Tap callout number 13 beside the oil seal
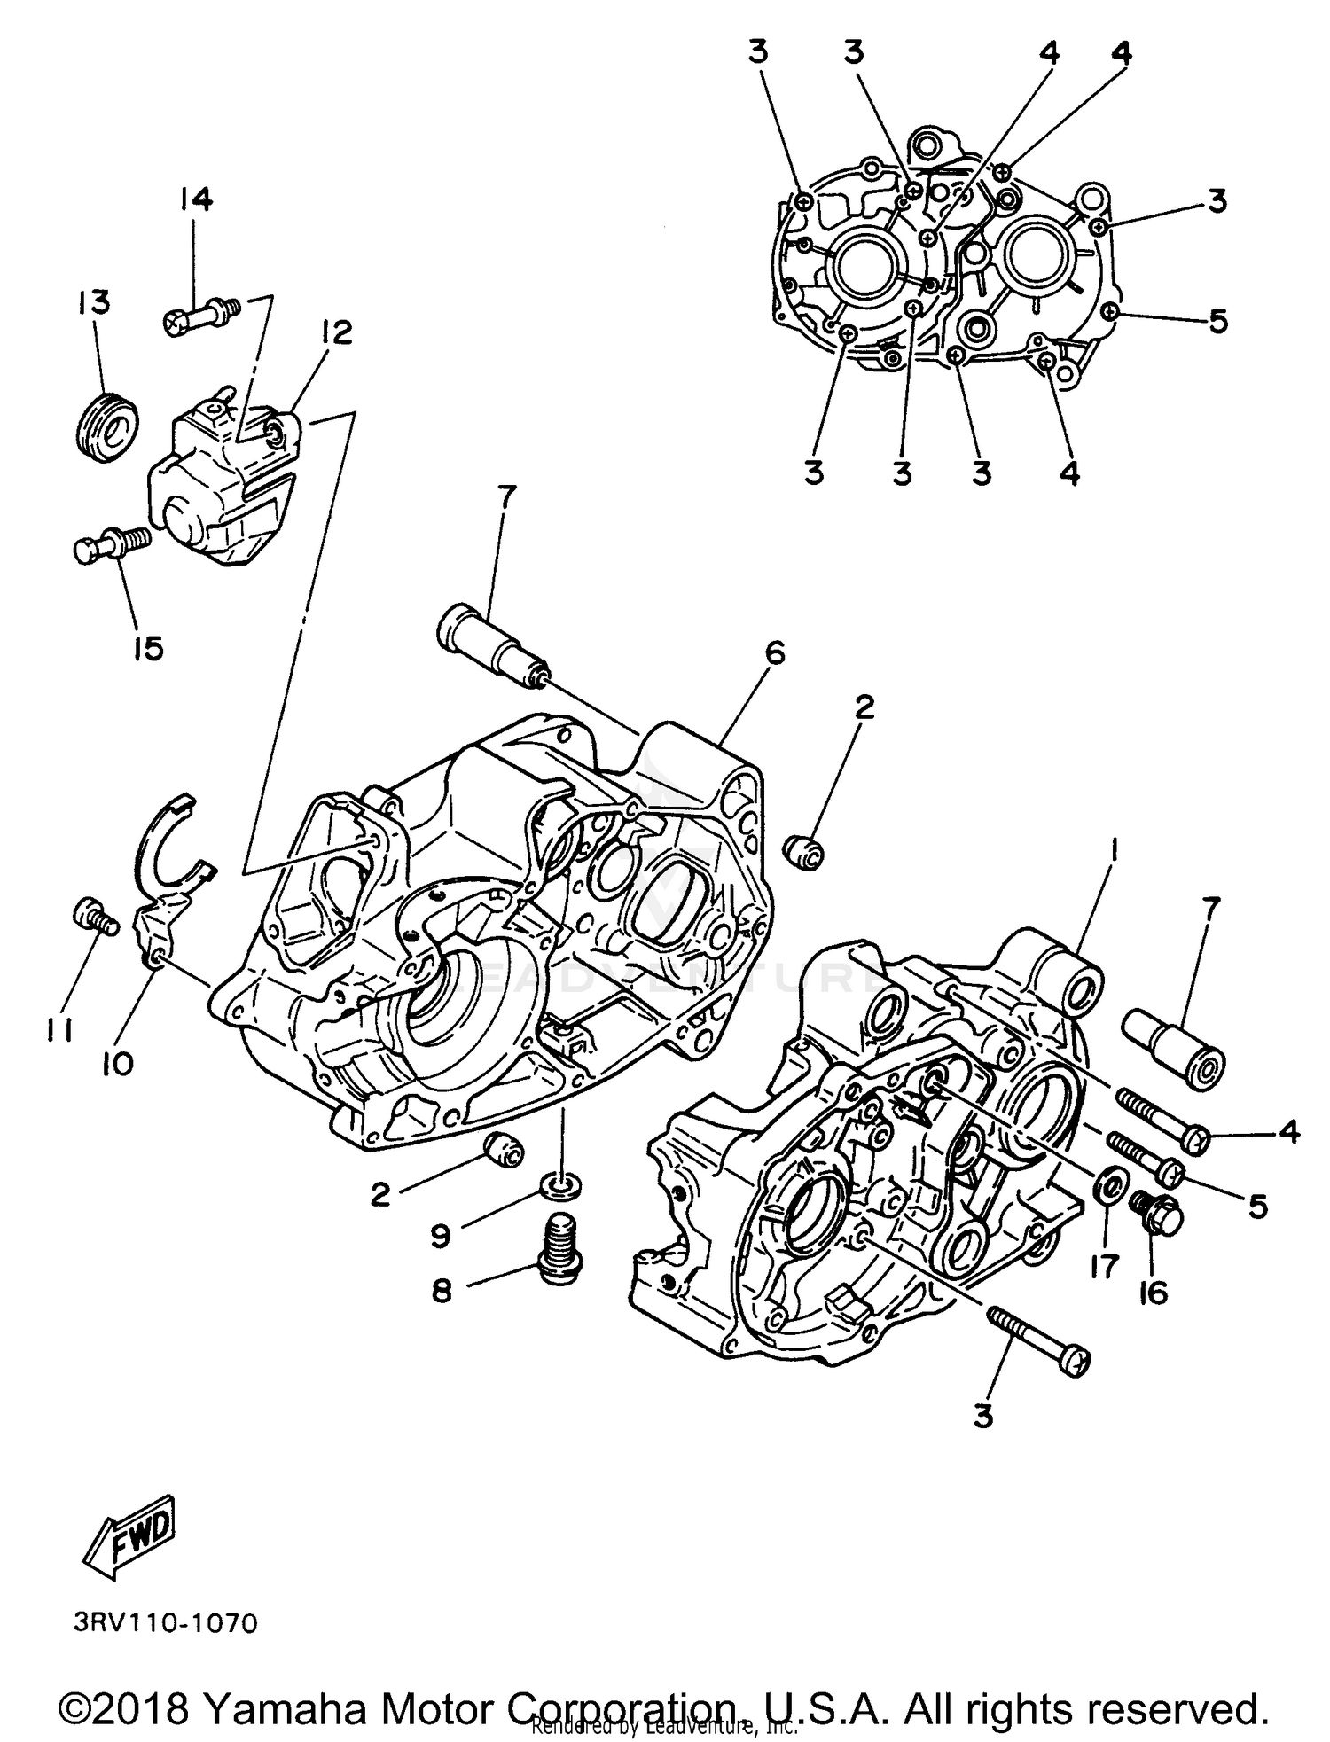[x=94, y=301]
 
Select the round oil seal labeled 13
[x=104, y=427]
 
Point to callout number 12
[x=337, y=332]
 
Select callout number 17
[x=1105, y=1266]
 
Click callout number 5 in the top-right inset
[x=1218, y=321]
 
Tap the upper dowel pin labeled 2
[x=804, y=852]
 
